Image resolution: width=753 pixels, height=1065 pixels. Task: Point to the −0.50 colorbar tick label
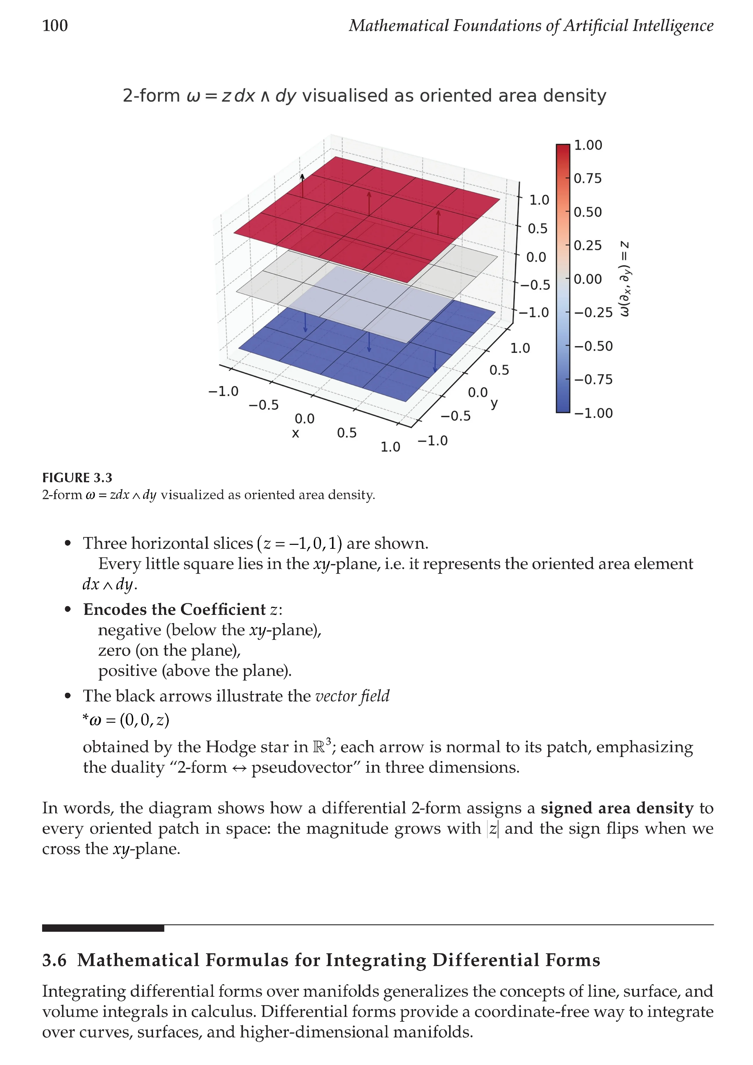(x=594, y=346)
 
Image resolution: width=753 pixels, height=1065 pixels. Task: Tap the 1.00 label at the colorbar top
(x=588, y=145)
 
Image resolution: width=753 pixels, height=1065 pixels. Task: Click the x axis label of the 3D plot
(x=295, y=434)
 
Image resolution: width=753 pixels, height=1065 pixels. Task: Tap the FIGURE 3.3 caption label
(x=77, y=478)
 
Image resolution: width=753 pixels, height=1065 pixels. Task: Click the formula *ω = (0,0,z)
(x=126, y=720)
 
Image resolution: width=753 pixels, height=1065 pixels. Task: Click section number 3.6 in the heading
(x=54, y=960)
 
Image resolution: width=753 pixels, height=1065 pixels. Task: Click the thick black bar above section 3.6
(x=103, y=928)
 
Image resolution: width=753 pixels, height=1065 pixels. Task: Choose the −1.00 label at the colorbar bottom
(x=594, y=413)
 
